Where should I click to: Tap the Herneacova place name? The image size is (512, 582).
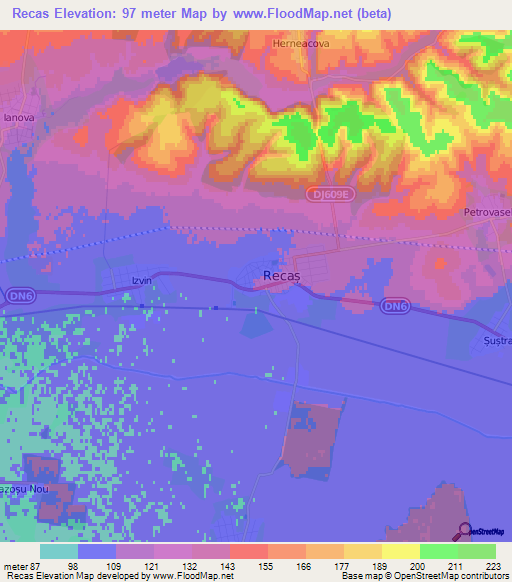pos(301,44)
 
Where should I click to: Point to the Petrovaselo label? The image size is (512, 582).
pos(487,213)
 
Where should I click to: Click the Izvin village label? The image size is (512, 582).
pos(141,281)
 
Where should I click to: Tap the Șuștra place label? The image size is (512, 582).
pos(496,341)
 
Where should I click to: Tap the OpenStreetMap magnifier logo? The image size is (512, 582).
pos(464,530)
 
